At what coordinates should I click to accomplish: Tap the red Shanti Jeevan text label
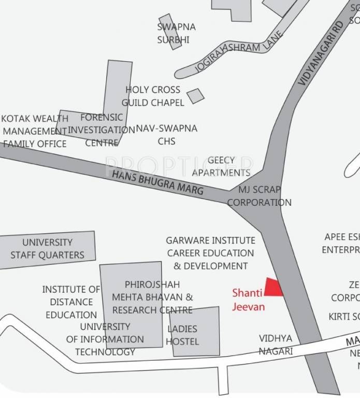pos(249,300)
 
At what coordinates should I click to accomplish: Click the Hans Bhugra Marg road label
pos(157,182)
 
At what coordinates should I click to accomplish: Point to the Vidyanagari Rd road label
pos(322,54)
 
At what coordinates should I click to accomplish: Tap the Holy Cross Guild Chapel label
pos(153,96)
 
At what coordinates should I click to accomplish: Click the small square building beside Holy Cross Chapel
pos(195,96)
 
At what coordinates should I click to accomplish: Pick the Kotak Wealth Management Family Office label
pos(34,131)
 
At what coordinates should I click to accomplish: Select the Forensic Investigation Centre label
pos(102,130)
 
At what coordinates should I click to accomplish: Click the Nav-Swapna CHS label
pos(166,134)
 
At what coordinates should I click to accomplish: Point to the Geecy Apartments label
pos(221,166)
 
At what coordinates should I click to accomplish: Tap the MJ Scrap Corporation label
pos(259,196)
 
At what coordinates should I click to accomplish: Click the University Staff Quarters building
pos(47,249)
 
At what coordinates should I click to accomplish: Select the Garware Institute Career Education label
pos(210,253)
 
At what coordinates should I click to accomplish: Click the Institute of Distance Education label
pos(71,302)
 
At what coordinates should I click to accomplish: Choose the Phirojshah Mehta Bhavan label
pos(152,297)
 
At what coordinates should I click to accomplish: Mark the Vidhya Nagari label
pos(276,345)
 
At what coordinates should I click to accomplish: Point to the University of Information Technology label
pos(105,339)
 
